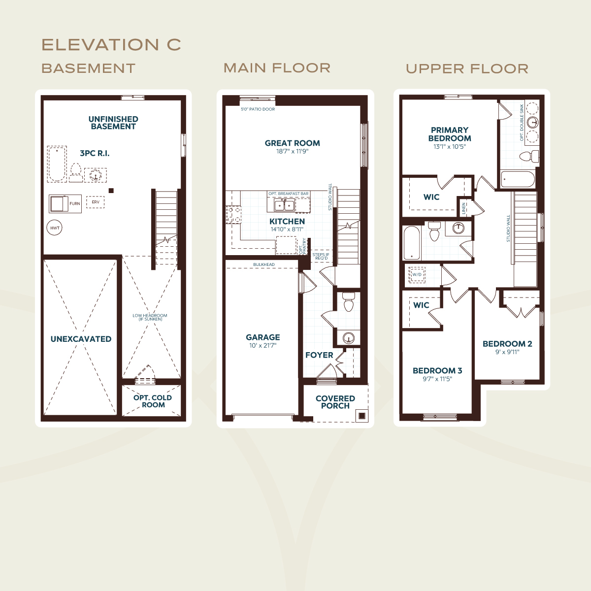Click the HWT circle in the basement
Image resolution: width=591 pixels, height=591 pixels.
tap(54, 228)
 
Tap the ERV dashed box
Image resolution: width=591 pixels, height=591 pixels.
tap(96, 202)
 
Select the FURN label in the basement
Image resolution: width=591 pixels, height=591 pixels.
tap(75, 203)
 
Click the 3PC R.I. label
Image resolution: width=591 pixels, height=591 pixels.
tap(95, 153)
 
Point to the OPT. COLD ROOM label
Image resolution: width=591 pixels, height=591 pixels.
tap(152, 401)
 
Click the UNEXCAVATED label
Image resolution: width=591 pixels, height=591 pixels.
tap(81, 339)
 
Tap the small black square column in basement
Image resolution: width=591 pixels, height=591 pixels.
tap(111, 191)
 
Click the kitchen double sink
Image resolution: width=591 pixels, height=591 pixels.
tap(284, 205)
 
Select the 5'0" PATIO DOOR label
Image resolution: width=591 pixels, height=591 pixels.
tap(258, 109)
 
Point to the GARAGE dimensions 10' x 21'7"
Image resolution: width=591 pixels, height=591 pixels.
tap(263, 346)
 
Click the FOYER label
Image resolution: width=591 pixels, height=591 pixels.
tap(319, 355)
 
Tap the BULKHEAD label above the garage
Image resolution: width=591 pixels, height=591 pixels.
tap(264, 264)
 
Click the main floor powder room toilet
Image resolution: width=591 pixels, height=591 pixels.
tap(348, 302)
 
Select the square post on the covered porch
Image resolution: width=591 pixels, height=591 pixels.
tap(362, 416)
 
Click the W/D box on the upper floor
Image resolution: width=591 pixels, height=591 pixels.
tap(417, 274)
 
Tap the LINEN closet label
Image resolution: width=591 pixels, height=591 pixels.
tap(464, 208)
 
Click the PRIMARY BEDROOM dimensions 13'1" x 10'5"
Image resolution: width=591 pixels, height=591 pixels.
tap(450, 147)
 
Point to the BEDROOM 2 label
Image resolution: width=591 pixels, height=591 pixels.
tap(507, 344)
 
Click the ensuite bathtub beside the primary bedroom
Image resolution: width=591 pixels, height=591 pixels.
tap(518, 179)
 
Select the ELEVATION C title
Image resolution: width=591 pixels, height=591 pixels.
tap(111, 45)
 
